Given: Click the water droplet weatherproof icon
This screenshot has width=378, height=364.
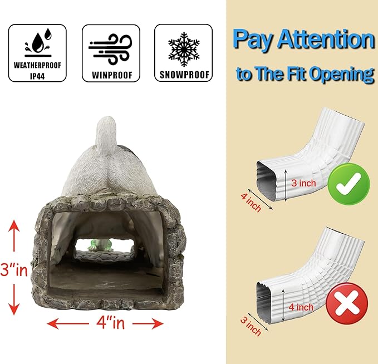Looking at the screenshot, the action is pos(38,42).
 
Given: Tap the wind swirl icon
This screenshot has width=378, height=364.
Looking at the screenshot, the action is pos(110,49).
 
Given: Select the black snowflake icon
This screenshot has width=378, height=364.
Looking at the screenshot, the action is pos(184,49).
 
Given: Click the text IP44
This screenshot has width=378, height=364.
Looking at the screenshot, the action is pos(37,76).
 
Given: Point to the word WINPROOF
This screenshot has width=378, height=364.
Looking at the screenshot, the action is pos(112,75).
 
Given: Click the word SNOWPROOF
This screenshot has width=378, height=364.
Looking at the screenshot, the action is pos(184,75).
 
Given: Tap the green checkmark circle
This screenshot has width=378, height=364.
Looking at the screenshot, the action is pos(349,184).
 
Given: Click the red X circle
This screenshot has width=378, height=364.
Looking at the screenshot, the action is pos(347,303).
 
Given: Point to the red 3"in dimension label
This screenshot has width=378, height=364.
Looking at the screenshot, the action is pos(14,269).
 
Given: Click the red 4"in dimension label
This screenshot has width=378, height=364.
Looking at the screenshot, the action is pos(110,323).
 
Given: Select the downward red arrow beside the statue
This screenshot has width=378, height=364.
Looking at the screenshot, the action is pos(14,299).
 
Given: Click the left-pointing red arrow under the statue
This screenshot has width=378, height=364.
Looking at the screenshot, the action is pos(68,323).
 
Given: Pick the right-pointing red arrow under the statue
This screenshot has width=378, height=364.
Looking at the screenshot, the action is pos(148,323).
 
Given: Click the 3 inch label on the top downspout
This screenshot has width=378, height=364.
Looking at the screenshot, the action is pos(303,183).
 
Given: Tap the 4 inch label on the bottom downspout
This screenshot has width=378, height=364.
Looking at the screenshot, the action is pos(301,307).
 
